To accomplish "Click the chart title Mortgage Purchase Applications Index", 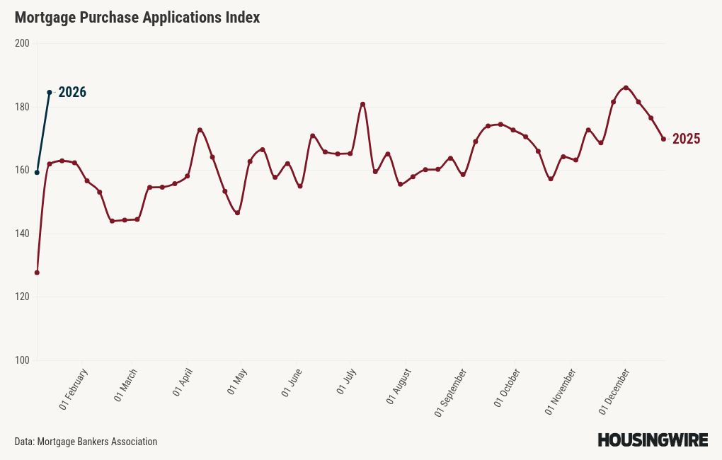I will tap(137, 18).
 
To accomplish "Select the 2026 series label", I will tap(72, 93).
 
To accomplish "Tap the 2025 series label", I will tap(686, 139).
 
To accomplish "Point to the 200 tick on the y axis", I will tap(22, 44).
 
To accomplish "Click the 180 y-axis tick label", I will tap(22, 107).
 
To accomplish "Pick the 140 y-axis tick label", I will tap(22, 234).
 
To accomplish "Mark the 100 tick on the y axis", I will tap(22, 360).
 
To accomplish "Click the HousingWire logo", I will tap(653, 440).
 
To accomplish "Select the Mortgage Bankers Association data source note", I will tap(86, 442).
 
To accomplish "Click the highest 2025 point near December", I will tap(626, 88).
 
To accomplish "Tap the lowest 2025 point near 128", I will tap(37, 272).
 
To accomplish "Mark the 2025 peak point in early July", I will tap(362, 104).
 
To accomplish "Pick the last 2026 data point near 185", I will tap(50, 92).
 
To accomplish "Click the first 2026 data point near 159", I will tap(37, 173).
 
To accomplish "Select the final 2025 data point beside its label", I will tap(663, 139).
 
